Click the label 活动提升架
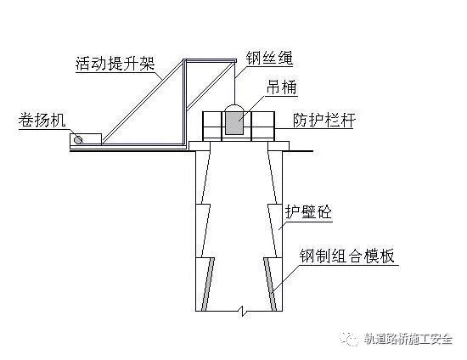[x=115, y=64]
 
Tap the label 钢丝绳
[x=269, y=58]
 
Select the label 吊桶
[x=281, y=87]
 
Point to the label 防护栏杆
[x=324, y=120]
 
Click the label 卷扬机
[x=42, y=121]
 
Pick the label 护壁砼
[x=308, y=211]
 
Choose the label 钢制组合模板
[x=347, y=256]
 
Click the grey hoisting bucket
[x=234, y=122]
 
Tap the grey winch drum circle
[x=78, y=139]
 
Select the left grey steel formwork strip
[x=207, y=284]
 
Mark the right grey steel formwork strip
[x=270, y=284]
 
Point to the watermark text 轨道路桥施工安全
[x=408, y=339]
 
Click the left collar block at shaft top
[x=200, y=146]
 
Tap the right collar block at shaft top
[x=279, y=146]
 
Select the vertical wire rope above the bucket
[x=235, y=82]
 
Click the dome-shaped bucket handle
[x=234, y=107]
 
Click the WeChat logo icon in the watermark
[x=350, y=339]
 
